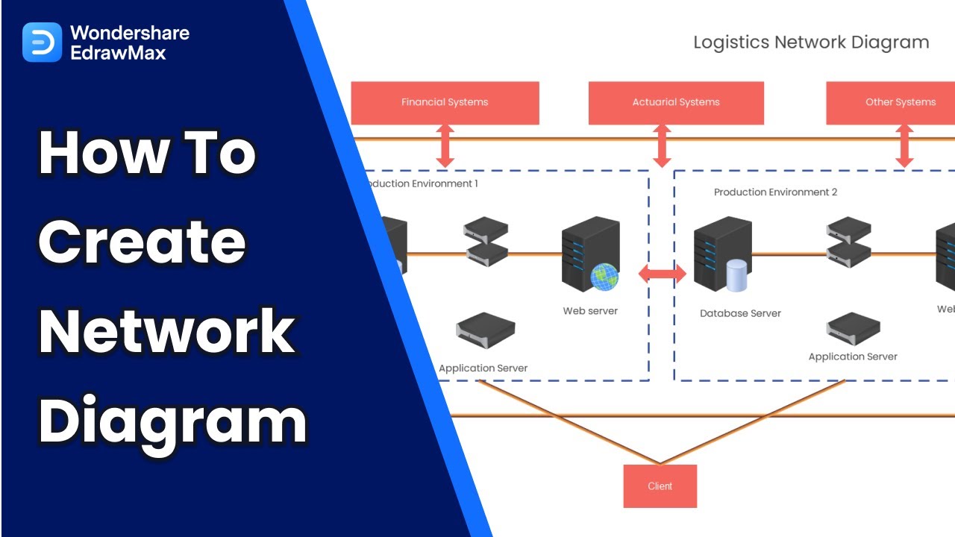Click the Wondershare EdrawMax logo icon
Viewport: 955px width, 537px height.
click(x=42, y=42)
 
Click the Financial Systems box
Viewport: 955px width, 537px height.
click(x=445, y=103)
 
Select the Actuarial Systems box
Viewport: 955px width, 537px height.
click(x=676, y=103)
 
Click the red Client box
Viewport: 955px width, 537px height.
click(x=660, y=486)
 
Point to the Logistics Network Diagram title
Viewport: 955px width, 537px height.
click(x=811, y=43)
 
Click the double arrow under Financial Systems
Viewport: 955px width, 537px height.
click(x=445, y=146)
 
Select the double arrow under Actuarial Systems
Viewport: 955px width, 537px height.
click(x=662, y=146)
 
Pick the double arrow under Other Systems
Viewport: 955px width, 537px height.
click(x=904, y=146)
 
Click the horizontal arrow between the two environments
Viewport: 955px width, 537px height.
click(x=662, y=274)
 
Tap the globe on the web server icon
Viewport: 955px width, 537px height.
click(x=604, y=277)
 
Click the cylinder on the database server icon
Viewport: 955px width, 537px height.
click(x=737, y=276)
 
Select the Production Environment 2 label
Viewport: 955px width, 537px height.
click(x=775, y=192)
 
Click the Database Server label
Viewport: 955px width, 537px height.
click(x=740, y=314)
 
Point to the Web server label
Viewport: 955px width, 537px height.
click(x=590, y=311)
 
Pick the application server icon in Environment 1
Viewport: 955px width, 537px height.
click(x=486, y=330)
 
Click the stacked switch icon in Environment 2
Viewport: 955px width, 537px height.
click(x=849, y=242)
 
